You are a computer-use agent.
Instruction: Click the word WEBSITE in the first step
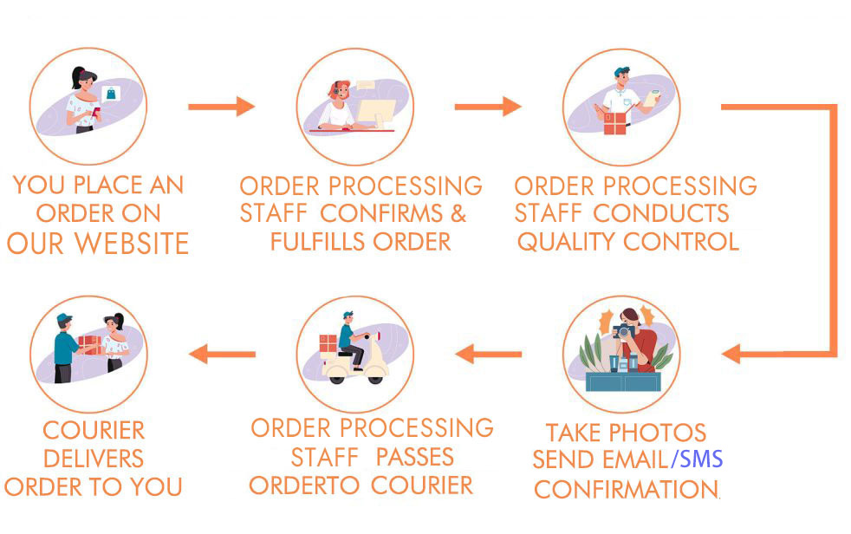pyautogui.click(x=132, y=243)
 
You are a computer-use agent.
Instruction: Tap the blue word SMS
pyautogui.click(x=701, y=459)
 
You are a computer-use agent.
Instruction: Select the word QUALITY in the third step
pyautogui.click(x=566, y=242)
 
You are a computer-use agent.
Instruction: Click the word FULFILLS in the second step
pyautogui.click(x=316, y=242)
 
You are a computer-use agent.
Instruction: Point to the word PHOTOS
pyautogui.click(x=657, y=433)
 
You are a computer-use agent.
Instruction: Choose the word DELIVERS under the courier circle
pyautogui.click(x=94, y=459)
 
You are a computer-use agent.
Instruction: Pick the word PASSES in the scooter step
pyautogui.click(x=414, y=457)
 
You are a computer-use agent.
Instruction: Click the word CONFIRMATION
pyautogui.click(x=627, y=489)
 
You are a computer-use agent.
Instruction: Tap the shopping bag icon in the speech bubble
pyautogui.click(x=111, y=94)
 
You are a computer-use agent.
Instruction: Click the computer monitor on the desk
pyautogui.click(x=377, y=113)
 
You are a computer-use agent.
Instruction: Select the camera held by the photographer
pyautogui.click(x=623, y=330)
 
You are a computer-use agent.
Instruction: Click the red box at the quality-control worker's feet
pyautogui.click(x=615, y=123)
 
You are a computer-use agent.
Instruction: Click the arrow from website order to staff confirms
pyautogui.click(x=222, y=107)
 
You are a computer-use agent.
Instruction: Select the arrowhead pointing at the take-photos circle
pyautogui.click(x=731, y=354)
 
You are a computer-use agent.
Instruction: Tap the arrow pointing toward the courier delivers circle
pyautogui.click(x=222, y=354)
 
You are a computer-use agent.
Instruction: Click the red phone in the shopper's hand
pyautogui.click(x=96, y=113)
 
